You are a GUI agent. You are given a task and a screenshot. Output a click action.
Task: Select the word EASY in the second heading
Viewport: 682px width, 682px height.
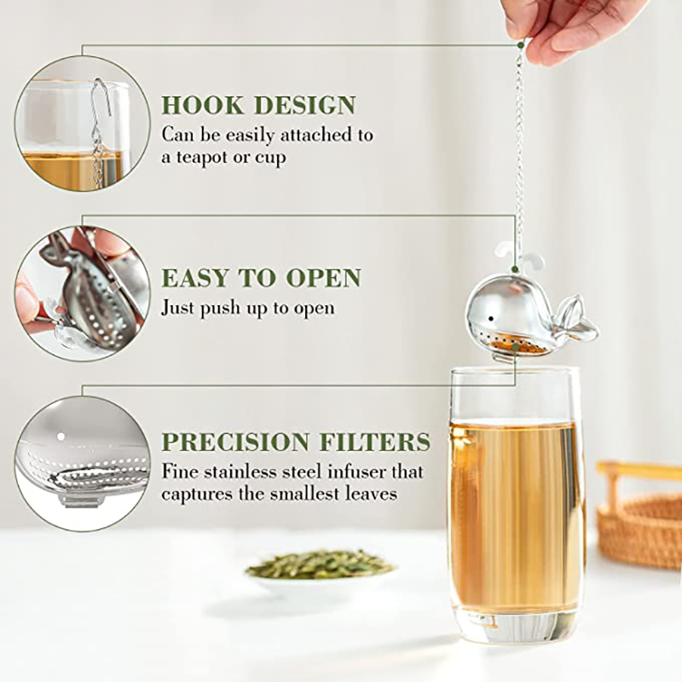point(194,278)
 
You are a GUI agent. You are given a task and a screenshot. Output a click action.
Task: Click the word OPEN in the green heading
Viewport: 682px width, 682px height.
point(323,278)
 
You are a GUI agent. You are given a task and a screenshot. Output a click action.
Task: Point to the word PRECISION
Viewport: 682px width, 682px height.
point(235,442)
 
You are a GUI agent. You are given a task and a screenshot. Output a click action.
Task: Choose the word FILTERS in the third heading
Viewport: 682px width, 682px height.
point(375,442)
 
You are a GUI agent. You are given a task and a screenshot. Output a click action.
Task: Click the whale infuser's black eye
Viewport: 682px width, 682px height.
point(491,319)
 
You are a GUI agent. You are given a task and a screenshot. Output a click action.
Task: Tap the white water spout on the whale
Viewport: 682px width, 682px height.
point(519,256)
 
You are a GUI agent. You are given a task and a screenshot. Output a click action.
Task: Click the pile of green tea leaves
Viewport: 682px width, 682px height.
point(321,564)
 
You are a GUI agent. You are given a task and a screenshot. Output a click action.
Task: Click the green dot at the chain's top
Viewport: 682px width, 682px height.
point(520,45)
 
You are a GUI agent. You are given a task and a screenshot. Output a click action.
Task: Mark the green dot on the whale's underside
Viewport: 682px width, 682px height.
point(515,347)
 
